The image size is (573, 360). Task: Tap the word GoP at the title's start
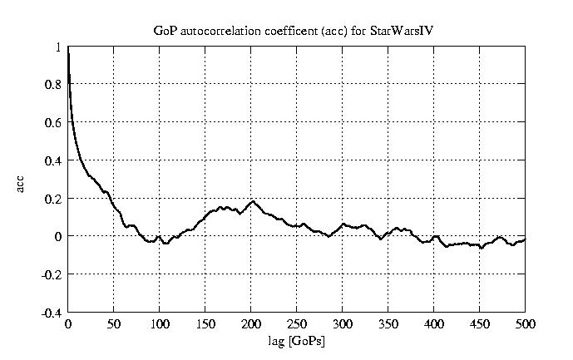coord(164,31)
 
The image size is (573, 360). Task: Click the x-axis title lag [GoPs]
coord(297,340)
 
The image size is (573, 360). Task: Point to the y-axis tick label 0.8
coord(54,85)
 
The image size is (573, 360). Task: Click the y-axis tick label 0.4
coord(54,160)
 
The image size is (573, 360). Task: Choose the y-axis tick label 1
coord(58,47)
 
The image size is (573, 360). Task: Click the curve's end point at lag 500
coord(525,239)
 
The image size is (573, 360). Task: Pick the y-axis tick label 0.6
coord(54,123)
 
